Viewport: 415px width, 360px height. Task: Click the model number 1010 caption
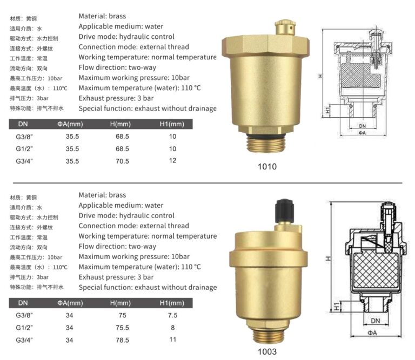click(x=267, y=166)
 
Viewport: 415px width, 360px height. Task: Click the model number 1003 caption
click(x=267, y=352)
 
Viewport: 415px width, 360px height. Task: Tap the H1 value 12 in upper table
click(x=173, y=161)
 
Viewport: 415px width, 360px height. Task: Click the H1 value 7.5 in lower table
click(x=173, y=315)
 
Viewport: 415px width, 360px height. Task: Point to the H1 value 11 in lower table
click(x=173, y=340)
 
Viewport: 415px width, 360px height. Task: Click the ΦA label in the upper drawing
click(x=362, y=133)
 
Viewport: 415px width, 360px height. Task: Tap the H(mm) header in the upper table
click(x=122, y=124)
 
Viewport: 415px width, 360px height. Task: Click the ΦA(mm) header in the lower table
click(x=70, y=303)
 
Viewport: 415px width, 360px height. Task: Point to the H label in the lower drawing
click(x=328, y=259)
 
